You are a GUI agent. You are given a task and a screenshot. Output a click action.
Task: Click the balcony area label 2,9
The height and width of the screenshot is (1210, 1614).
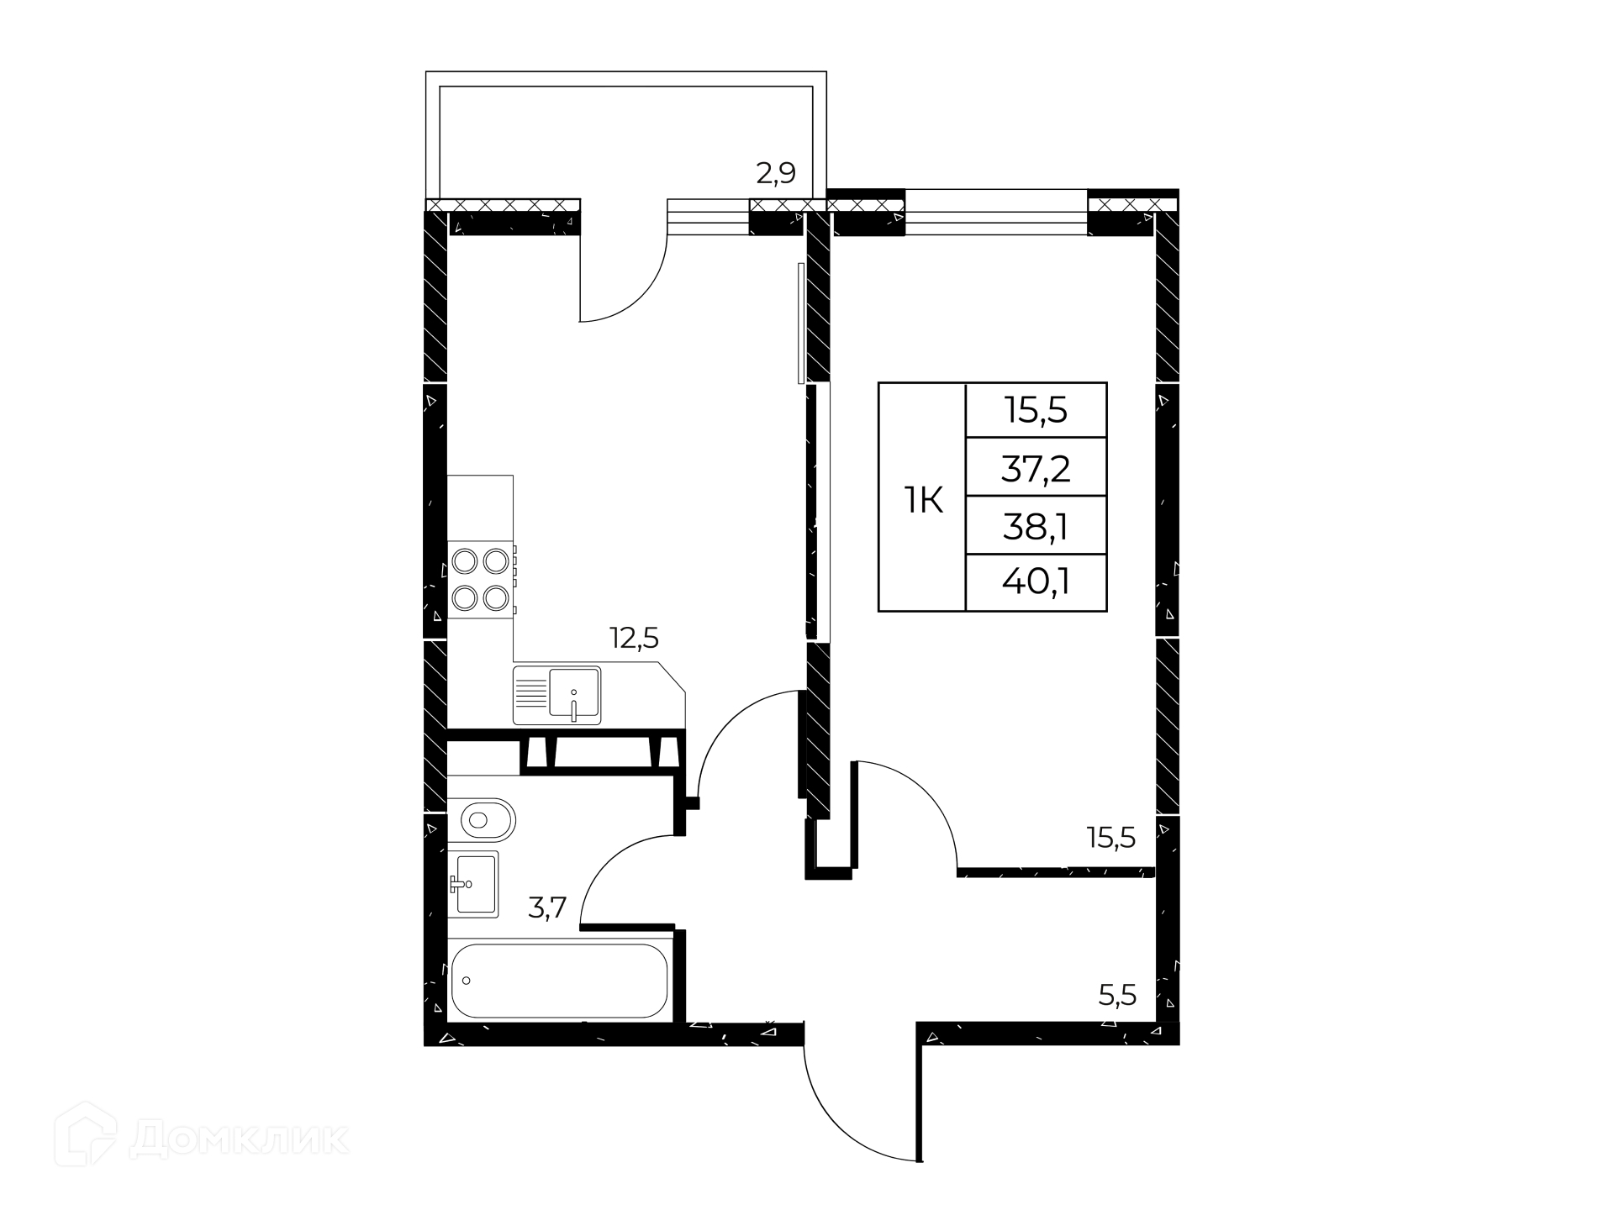click(x=776, y=173)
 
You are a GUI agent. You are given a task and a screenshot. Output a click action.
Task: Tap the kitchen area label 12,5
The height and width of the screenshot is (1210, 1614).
click(x=634, y=639)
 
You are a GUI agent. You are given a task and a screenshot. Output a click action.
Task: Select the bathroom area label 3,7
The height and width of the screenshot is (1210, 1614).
click(x=547, y=908)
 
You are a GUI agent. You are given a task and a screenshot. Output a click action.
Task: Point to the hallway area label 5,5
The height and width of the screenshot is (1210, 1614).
click(x=1117, y=996)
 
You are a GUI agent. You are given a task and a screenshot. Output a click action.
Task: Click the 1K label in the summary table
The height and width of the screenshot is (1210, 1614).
click(x=923, y=502)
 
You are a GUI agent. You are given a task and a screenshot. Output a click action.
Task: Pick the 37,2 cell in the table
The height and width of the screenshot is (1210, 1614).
click(x=1036, y=468)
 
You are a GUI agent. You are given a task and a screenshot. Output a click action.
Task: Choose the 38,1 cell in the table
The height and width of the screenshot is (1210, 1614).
click(x=1036, y=527)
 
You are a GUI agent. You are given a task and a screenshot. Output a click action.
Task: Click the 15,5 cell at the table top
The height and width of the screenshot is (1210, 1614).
click(x=1036, y=411)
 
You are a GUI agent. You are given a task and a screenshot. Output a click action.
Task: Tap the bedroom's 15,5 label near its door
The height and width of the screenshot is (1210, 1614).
click(x=1111, y=838)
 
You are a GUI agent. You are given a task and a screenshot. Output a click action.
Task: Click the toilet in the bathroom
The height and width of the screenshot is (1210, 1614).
click(x=481, y=819)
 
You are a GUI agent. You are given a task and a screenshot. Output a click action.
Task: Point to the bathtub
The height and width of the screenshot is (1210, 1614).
click(x=560, y=981)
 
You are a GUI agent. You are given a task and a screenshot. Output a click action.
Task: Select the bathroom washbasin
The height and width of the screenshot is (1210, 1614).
click(x=473, y=883)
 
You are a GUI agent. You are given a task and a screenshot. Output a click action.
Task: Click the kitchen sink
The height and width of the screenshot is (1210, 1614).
click(x=556, y=695)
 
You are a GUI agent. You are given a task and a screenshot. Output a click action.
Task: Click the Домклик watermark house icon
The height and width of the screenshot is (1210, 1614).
click(x=85, y=1135)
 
